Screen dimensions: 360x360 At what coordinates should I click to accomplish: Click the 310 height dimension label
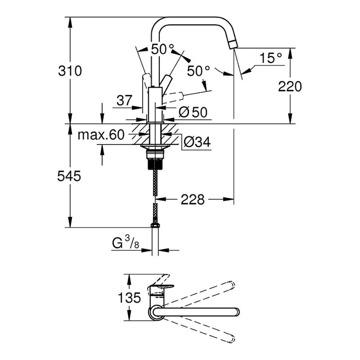point(70,71)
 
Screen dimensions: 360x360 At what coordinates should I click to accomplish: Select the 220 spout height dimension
point(290,86)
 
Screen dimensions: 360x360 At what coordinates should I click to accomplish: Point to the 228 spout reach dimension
point(193,199)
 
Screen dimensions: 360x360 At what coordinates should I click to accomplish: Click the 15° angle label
point(271,58)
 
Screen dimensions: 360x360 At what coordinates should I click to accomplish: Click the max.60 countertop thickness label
point(101,135)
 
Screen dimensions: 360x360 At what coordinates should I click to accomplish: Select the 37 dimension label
point(125,100)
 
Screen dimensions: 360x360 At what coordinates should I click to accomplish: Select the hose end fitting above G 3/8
point(155,226)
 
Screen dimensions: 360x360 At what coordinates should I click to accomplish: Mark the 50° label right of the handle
point(198,71)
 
